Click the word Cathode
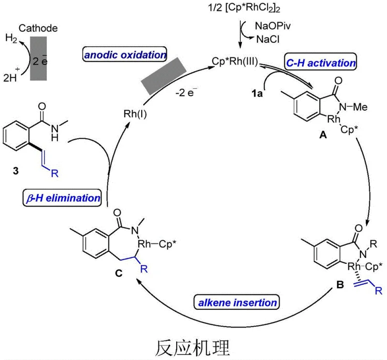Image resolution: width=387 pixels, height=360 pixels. pyautogui.click(x=44, y=29)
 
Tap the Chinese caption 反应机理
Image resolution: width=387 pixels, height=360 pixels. pyautogui.click(x=193, y=346)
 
